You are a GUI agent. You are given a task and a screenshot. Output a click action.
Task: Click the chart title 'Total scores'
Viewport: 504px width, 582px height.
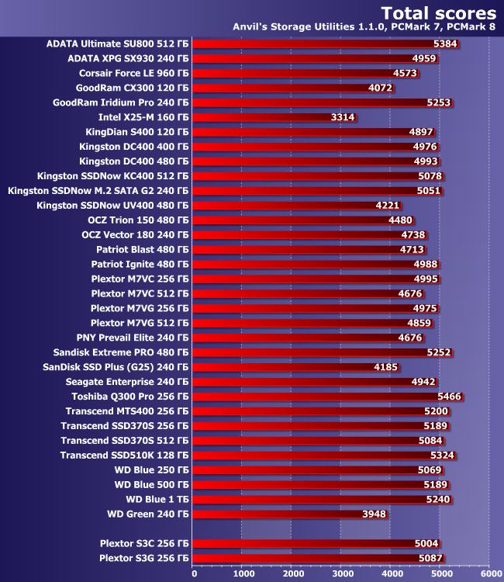(x=438, y=12)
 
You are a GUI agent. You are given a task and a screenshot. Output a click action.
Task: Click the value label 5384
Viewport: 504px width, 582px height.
(x=446, y=43)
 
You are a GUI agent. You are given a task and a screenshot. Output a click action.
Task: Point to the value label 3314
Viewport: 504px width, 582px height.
(x=343, y=117)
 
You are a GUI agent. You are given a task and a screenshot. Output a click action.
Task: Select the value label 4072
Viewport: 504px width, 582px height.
(x=381, y=88)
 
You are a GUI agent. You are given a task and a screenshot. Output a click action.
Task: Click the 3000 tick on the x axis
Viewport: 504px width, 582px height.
(x=341, y=574)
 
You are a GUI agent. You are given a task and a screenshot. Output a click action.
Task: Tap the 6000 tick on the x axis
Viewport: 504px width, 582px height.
(x=489, y=574)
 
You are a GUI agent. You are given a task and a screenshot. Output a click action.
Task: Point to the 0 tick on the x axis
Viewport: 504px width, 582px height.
(x=194, y=574)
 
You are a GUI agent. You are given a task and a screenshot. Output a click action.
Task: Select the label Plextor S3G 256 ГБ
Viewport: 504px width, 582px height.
(x=144, y=558)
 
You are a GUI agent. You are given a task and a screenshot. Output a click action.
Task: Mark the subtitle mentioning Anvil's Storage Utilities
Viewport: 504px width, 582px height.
(x=364, y=27)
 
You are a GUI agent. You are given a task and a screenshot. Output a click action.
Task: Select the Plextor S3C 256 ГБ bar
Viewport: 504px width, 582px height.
(x=316, y=543)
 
